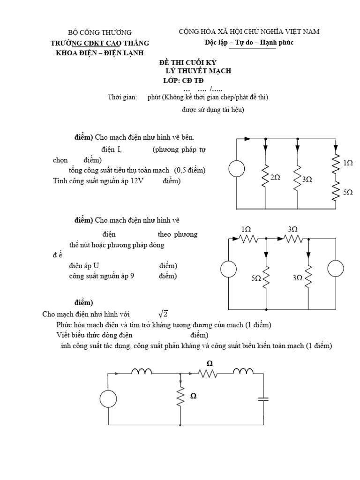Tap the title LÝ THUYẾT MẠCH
pos(199,71)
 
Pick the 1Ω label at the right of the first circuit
pos(347,163)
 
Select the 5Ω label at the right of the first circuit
pos(347,192)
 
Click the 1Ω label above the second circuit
pos(246,229)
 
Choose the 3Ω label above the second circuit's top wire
pos(292,229)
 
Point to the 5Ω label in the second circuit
pos(256,277)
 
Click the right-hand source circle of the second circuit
pos(336,269)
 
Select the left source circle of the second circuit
pos(229,269)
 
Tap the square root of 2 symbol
pos(162,314)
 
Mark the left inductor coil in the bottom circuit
pos(142,372)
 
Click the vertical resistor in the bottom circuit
pos(180,397)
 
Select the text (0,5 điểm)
pos(190,170)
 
